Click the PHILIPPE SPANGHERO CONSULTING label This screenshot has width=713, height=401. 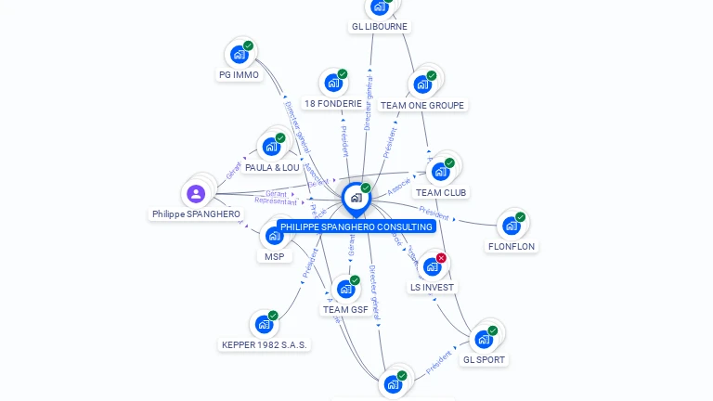pyautogui.click(x=356, y=226)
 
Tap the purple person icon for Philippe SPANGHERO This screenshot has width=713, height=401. pyautogui.click(x=196, y=193)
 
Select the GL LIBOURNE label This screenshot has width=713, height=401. pyautogui.click(x=380, y=27)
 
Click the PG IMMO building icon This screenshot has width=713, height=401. pyautogui.click(x=239, y=54)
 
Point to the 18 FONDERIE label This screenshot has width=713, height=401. pyautogui.click(x=333, y=104)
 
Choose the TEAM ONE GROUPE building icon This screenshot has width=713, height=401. pyautogui.click(x=422, y=84)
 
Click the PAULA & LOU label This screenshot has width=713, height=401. pyautogui.click(x=272, y=168)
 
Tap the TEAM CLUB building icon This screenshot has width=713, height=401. pyautogui.click(x=441, y=172)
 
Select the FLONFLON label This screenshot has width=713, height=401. pyautogui.click(x=512, y=247)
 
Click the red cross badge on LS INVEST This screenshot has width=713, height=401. pyautogui.click(x=441, y=258)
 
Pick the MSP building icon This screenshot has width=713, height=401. pyautogui.click(x=274, y=236)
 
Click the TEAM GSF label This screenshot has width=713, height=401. pyautogui.click(x=345, y=310)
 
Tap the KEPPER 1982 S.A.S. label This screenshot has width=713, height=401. pyautogui.click(x=265, y=345)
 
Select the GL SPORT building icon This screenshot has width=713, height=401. pyautogui.click(x=484, y=339)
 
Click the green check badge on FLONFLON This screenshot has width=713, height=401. pyautogui.click(x=520, y=217)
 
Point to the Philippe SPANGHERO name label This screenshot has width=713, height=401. pyautogui.click(x=196, y=214)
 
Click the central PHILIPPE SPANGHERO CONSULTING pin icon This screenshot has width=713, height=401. pyautogui.click(x=356, y=197)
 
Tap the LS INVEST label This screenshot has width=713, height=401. pyautogui.click(x=432, y=288)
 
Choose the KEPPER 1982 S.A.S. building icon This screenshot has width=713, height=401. pyautogui.click(x=265, y=324)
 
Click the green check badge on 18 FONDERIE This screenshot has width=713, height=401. pyautogui.click(x=342, y=74)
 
